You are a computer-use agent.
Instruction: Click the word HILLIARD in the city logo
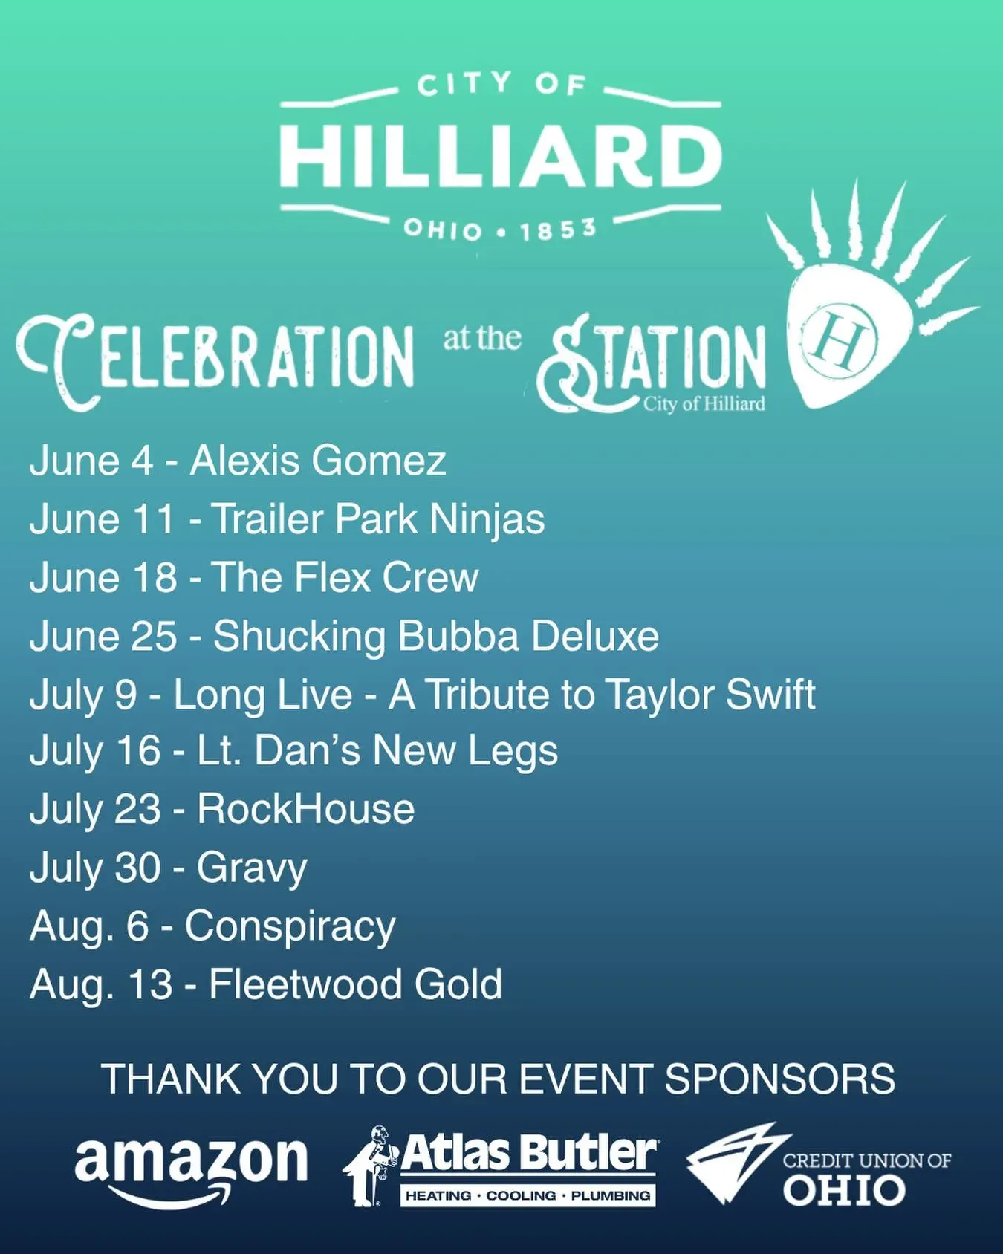500,156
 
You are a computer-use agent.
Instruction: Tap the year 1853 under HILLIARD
558,230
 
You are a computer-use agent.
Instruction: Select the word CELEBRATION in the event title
215,357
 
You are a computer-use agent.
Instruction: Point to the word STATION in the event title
651,360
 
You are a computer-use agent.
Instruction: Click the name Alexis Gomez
318,461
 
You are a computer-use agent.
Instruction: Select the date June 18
103,577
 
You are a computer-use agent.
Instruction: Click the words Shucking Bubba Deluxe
436,636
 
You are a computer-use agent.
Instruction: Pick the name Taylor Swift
710,695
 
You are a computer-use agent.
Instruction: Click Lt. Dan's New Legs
377,751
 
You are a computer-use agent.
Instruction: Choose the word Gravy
252,868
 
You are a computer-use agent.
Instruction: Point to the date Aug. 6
89,926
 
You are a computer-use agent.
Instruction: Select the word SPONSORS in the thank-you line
780,1079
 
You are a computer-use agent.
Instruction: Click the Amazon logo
191,1169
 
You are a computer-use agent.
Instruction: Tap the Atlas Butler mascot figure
370,1166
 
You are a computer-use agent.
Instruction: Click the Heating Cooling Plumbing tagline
528,1195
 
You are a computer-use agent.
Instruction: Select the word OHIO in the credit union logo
844,1191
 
